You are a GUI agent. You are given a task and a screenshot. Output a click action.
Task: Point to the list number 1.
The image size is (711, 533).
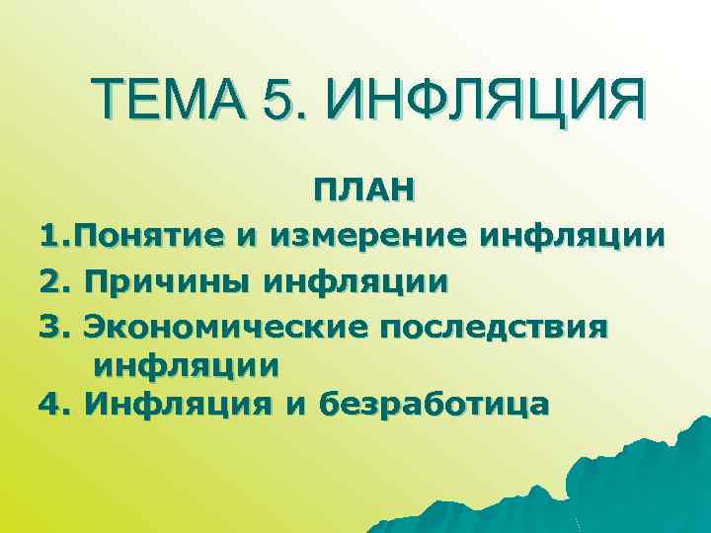[51, 237]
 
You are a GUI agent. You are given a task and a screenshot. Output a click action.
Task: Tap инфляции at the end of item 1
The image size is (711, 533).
[572, 237]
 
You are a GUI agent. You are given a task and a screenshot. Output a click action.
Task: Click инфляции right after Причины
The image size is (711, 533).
[355, 281]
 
